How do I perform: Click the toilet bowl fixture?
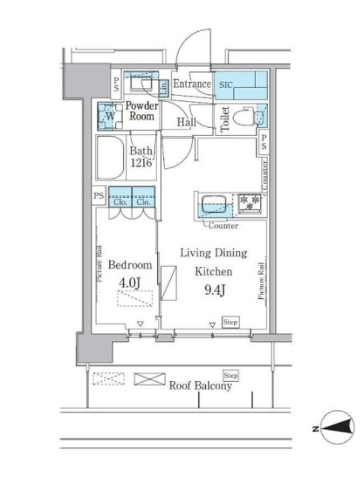click(x=244, y=116)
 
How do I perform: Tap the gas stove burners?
click(x=250, y=203)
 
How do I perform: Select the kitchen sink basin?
click(x=214, y=204)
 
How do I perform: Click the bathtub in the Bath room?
click(x=110, y=158)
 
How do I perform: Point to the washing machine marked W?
click(x=110, y=116)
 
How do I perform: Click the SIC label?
click(x=226, y=85)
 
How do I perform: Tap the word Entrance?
click(x=192, y=83)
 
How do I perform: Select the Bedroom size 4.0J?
click(x=130, y=283)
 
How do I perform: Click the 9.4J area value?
click(x=215, y=290)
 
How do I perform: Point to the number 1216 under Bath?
click(x=141, y=163)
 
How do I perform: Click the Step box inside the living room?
click(x=230, y=322)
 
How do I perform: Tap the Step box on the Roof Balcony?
click(x=230, y=376)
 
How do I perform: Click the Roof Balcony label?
click(x=200, y=385)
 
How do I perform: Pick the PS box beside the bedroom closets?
click(x=98, y=196)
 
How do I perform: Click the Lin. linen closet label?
click(x=164, y=88)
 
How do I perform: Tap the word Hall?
click(x=187, y=122)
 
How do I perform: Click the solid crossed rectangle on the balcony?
click(x=149, y=379)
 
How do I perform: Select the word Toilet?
click(x=225, y=119)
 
